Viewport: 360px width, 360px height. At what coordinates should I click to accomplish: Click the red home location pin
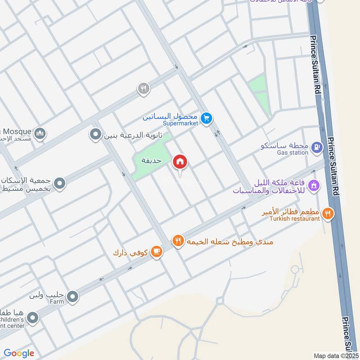point(180,162)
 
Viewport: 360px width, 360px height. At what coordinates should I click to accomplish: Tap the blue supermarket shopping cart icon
point(207,118)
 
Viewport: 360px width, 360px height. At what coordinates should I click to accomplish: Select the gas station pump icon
point(317,147)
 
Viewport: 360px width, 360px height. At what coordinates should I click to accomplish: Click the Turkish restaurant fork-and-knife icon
point(328,213)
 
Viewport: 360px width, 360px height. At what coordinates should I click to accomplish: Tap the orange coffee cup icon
point(156,252)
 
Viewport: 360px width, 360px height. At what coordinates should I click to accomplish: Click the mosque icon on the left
point(40,134)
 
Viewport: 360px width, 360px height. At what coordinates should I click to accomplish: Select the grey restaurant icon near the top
point(143,89)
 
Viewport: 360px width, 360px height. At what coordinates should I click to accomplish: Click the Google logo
point(19,353)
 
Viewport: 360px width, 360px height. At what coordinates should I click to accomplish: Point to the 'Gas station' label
point(292,153)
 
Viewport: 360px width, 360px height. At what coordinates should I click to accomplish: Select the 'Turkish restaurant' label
point(295,219)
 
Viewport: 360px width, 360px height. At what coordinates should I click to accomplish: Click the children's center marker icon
point(32,319)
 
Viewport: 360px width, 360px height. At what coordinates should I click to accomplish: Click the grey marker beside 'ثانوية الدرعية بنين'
point(95,135)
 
